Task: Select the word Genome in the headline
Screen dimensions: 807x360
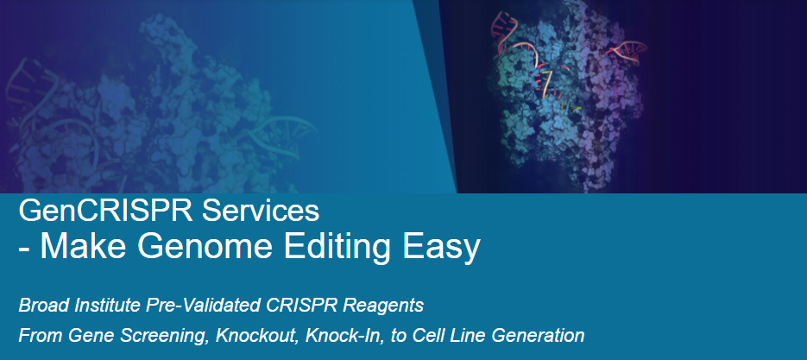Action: tap(205, 247)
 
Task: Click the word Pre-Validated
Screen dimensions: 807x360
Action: tap(204, 306)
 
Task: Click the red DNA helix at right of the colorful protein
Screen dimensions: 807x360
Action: tap(627, 52)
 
